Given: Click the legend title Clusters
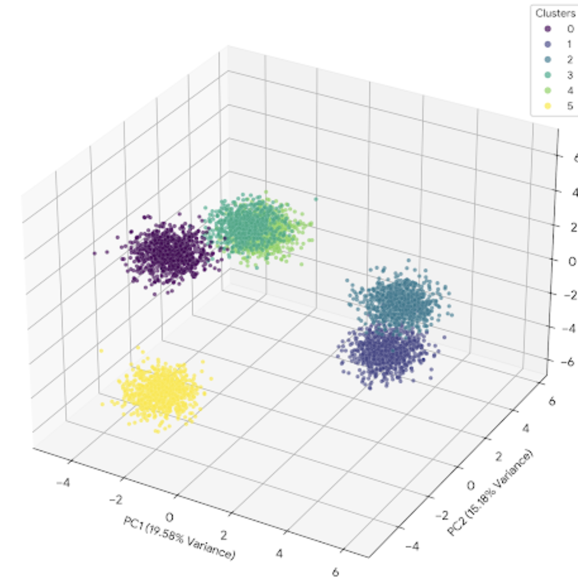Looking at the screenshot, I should click(x=555, y=13).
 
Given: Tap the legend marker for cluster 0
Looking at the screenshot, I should click(x=548, y=29).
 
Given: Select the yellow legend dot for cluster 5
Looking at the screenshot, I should click(x=548, y=106).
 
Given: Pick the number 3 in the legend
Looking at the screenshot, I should click(x=570, y=75).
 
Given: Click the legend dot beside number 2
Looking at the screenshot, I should click(x=548, y=60).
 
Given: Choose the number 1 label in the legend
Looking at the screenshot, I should click(x=569, y=44).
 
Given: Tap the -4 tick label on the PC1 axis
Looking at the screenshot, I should click(x=63, y=483).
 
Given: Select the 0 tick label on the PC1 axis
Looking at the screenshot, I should click(x=169, y=517).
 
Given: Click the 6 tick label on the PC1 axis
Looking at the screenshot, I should click(x=335, y=572).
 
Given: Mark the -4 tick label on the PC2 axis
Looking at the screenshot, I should click(x=412, y=546).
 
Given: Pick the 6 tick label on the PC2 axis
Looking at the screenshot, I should click(x=552, y=401).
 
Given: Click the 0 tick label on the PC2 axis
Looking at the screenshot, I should click(x=470, y=485).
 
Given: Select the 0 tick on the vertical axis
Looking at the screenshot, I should click(x=572, y=261).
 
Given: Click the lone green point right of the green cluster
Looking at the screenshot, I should click(x=316, y=199).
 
